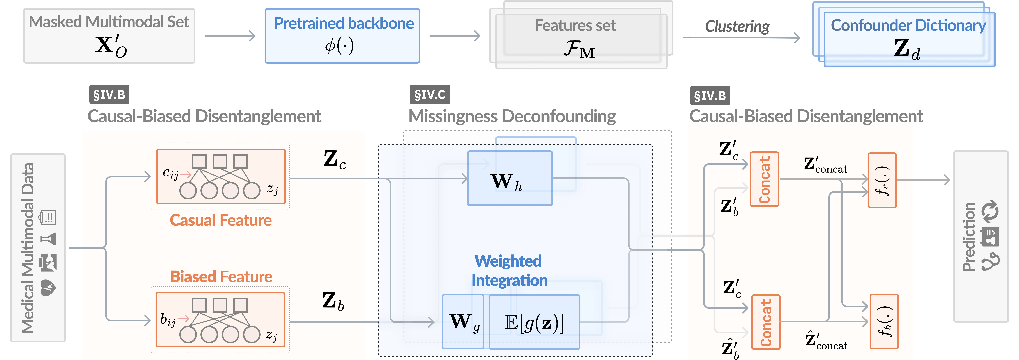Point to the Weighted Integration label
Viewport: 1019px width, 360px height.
click(509, 271)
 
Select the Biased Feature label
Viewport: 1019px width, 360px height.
click(221, 277)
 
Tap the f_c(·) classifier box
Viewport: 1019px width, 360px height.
click(882, 180)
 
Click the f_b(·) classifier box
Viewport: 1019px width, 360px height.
click(884, 322)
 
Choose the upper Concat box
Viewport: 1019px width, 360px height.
click(764, 179)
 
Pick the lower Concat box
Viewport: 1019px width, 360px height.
click(765, 322)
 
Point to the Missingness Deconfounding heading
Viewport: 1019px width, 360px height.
click(512, 116)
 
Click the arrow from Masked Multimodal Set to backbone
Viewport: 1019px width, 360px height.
click(229, 36)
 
